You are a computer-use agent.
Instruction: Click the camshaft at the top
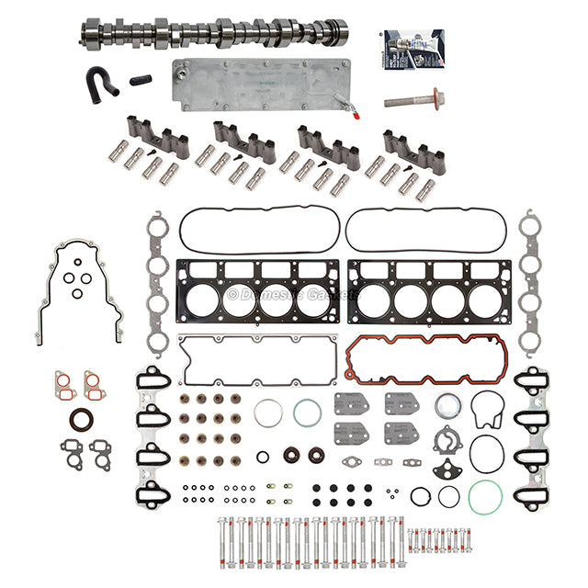pos(211,34)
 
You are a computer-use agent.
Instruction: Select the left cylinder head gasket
pos(257,295)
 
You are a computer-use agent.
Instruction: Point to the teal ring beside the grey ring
pos(307,413)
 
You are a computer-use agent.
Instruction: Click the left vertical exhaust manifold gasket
pos(158,285)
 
